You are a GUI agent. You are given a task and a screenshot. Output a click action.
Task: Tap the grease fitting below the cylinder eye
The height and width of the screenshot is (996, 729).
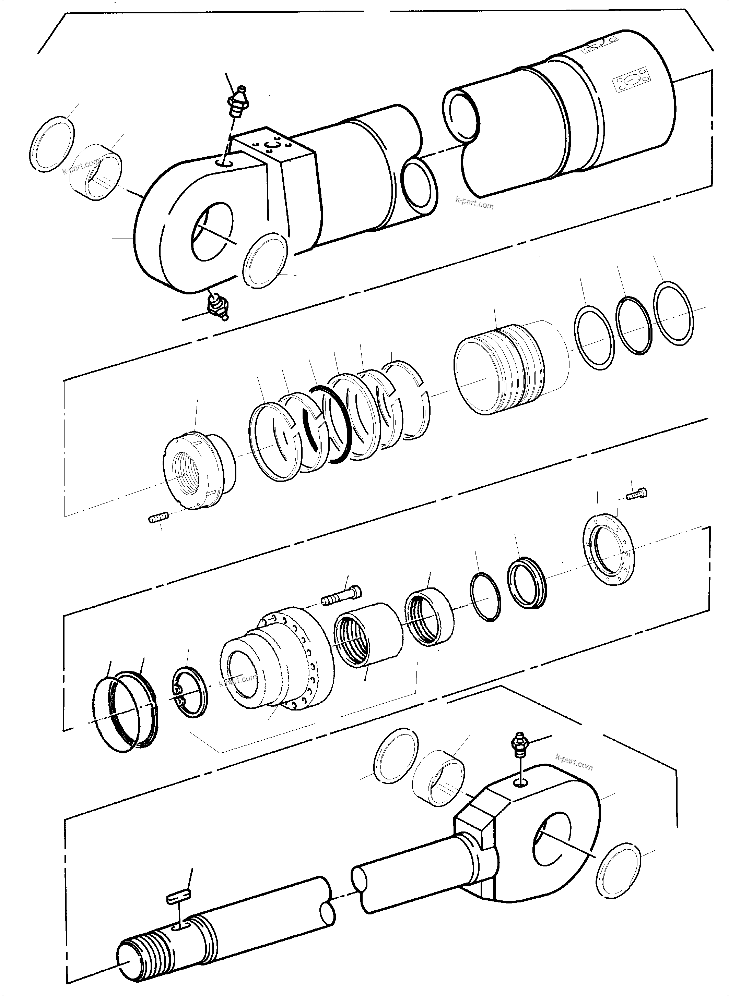pos(217,305)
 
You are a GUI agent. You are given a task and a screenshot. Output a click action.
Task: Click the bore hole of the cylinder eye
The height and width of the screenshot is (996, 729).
pos(213,231)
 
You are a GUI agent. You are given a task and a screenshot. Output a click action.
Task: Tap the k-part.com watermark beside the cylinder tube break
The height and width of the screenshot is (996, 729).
pos(474,204)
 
